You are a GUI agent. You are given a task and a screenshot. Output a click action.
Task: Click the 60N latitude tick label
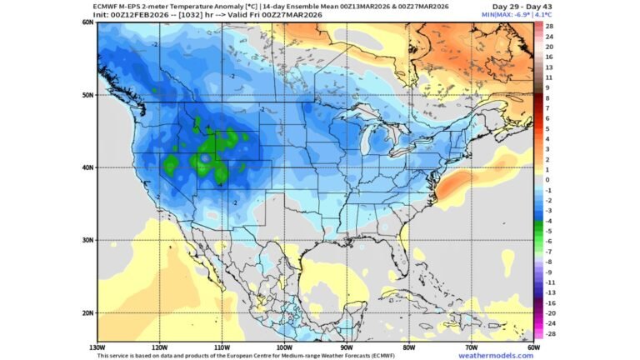coord(88,22)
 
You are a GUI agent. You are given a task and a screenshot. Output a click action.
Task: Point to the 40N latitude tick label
coord(88,167)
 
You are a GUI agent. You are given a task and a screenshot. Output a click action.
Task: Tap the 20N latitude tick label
coord(88,313)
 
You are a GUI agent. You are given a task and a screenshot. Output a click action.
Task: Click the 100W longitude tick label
coord(283,347)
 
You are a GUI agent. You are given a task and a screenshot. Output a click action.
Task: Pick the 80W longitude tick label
coord(408,347)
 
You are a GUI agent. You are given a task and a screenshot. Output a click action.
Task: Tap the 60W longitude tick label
coord(533,347)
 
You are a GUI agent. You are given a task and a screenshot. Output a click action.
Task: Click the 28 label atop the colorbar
coord(550,27)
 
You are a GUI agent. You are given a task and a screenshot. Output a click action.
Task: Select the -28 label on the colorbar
coord(550,332)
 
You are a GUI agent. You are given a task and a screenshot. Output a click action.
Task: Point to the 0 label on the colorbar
coord(547,179)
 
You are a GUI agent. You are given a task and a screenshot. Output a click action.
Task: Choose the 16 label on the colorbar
coord(550,57)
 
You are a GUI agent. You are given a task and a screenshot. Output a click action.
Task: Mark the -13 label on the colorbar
coord(550,292)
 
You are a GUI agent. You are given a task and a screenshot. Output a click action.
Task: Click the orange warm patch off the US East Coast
coord(457,187)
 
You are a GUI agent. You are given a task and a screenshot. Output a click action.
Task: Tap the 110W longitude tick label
coord(221,347)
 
